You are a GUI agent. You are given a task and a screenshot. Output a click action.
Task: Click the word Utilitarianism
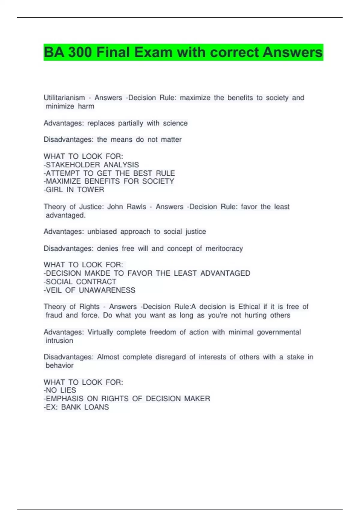click(x=64, y=98)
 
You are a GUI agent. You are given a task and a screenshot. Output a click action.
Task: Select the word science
click(x=175, y=123)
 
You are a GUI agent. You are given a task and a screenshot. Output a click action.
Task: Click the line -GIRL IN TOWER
click(x=74, y=190)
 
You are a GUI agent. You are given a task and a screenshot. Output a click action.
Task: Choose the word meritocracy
click(x=224, y=249)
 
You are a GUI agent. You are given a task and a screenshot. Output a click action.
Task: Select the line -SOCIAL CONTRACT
click(x=80, y=282)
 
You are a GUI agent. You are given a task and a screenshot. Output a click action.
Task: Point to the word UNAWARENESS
click(x=107, y=290)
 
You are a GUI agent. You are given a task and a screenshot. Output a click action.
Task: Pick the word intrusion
click(x=59, y=340)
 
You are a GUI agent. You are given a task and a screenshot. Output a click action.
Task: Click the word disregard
click(x=170, y=357)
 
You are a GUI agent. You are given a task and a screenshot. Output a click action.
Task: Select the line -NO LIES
click(x=60, y=390)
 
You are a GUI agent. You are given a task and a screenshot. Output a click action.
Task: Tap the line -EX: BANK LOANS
click(x=76, y=407)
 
